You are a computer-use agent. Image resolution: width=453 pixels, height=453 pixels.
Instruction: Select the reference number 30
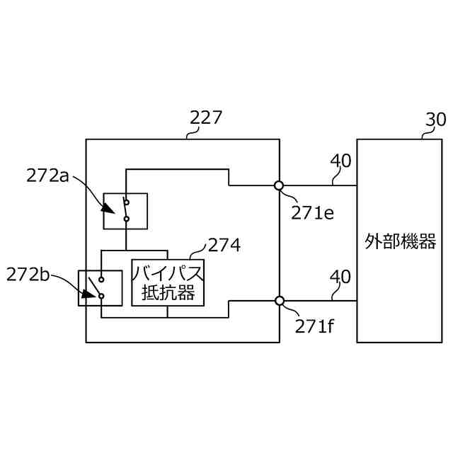click(435, 118)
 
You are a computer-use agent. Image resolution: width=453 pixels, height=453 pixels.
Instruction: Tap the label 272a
click(47, 174)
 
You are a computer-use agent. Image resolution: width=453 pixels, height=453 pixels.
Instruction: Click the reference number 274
click(224, 245)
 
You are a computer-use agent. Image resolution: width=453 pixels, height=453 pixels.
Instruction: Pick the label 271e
click(312, 212)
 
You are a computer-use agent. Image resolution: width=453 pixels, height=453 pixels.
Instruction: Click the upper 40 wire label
click(340, 161)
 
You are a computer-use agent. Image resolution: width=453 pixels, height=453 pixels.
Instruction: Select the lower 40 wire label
click(340, 276)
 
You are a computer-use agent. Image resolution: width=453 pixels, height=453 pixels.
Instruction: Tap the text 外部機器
click(401, 241)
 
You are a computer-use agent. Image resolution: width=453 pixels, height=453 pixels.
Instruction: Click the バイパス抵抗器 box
click(168, 282)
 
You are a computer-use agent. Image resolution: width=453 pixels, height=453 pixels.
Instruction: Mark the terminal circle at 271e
click(280, 186)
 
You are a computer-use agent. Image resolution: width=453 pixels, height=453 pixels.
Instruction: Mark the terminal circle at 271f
click(280, 301)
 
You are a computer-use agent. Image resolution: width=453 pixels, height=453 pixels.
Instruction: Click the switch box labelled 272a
click(126, 210)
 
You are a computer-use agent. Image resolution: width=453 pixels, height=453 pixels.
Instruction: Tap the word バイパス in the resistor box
click(168, 272)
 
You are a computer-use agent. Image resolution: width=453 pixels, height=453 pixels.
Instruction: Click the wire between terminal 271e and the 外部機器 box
click(319, 186)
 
